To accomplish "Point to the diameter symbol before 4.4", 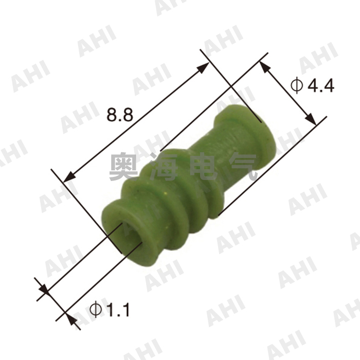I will click(297, 85).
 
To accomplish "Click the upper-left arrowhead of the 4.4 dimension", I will click(264, 66).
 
